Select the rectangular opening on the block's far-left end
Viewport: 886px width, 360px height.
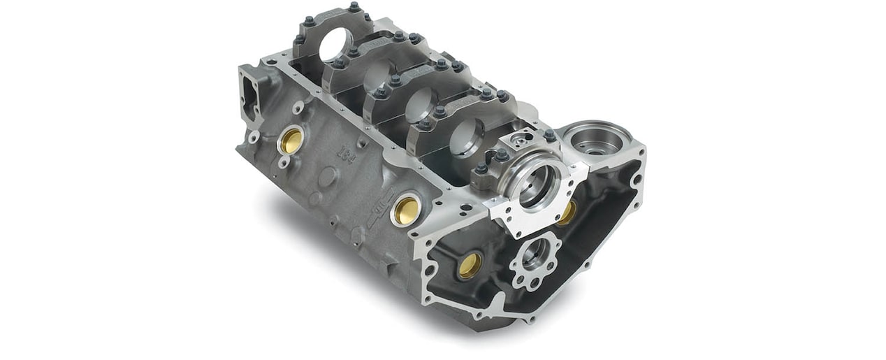(249, 98)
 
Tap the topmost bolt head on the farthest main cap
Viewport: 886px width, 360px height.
(355, 8)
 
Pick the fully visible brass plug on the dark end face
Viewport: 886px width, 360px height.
(470, 264)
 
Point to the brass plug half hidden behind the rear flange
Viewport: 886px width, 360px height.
(567, 212)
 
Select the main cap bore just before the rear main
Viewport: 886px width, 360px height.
(466, 136)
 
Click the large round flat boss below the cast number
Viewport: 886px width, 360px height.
(327, 178)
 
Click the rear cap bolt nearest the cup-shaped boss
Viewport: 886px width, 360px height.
(551, 136)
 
